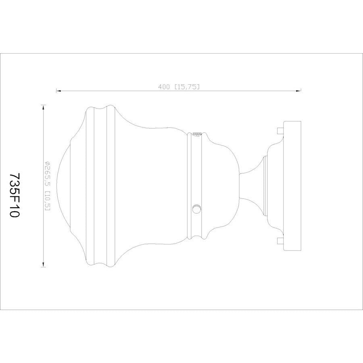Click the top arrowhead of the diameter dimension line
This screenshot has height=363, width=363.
pyautogui.click(x=43, y=107)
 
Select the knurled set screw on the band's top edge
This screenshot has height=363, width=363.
pyautogui.click(x=197, y=134)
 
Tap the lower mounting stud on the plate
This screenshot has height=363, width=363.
pyautogui.click(x=280, y=241)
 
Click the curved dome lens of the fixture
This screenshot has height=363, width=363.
pyautogui.click(x=63, y=186)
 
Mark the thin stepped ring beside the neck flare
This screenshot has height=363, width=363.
pyautogui.click(x=265, y=186)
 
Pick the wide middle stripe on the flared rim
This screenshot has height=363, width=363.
pyautogui.click(x=100, y=186)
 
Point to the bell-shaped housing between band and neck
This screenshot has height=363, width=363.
pyautogui.click(x=222, y=186)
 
